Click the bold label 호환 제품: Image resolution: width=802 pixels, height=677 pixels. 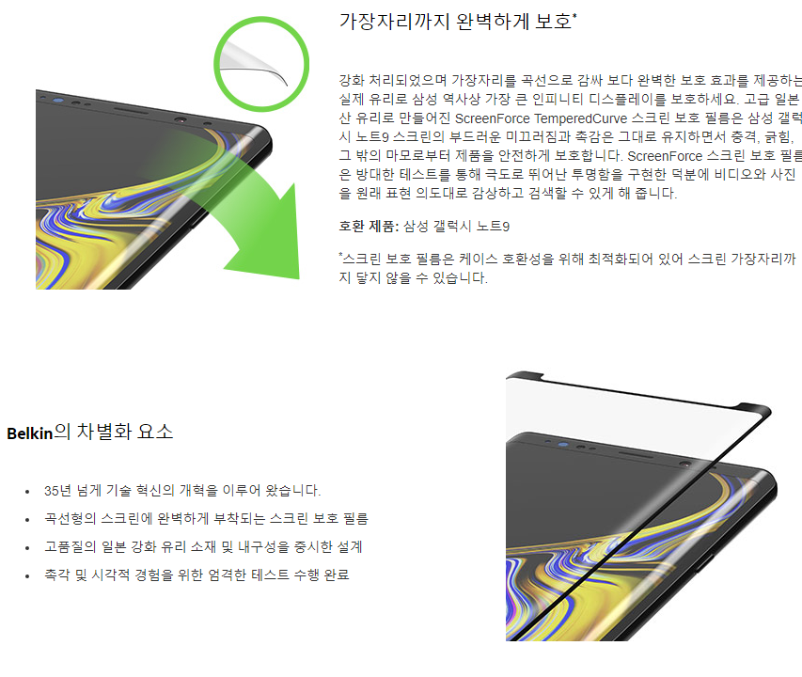(369, 226)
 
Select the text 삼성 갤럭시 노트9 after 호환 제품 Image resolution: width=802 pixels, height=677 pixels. (456, 226)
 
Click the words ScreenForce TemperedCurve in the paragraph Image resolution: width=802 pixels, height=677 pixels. (541, 118)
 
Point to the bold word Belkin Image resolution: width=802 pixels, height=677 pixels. (30, 433)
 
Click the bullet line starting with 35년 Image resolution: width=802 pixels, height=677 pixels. (182, 491)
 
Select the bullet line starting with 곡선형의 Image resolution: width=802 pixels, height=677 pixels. (206, 518)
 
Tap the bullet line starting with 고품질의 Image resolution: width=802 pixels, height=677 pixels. (203, 546)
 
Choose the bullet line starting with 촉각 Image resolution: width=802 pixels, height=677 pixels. (197, 575)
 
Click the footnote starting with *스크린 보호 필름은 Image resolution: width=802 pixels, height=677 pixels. (567, 268)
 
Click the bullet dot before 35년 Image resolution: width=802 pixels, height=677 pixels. (27, 493)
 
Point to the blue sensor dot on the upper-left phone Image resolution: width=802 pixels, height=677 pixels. (58, 101)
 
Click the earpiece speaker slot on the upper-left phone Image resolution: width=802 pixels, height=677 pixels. (131, 110)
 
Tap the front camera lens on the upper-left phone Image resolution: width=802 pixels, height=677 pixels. (180, 120)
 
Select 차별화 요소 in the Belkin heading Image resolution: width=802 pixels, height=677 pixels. (125, 433)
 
